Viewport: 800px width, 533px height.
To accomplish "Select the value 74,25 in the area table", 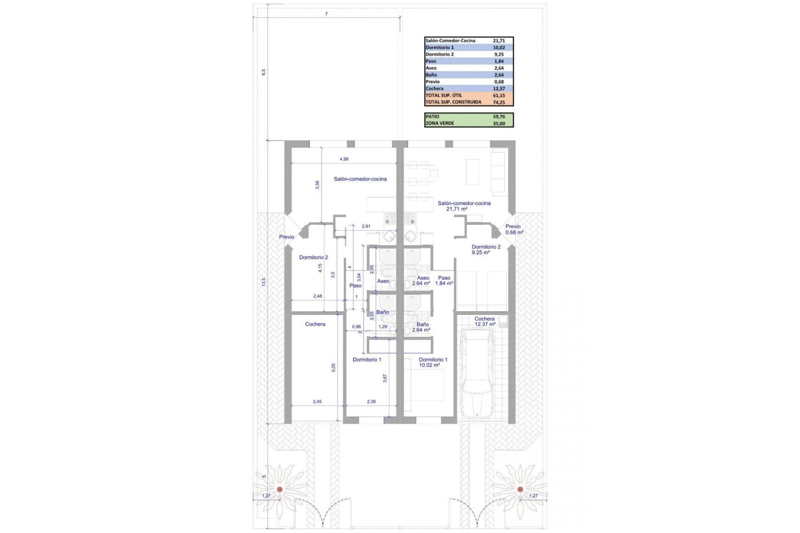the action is [x=499, y=102].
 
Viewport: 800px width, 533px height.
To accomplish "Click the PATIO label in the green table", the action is [x=432, y=117].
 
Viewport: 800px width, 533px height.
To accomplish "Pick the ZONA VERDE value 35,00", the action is [x=499, y=123].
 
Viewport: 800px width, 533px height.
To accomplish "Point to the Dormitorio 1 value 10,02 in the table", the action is [x=499, y=47].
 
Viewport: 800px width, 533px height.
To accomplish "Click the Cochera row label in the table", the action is [x=435, y=88].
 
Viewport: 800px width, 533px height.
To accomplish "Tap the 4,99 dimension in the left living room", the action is [x=344, y=159].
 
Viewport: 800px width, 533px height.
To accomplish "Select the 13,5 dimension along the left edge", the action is [x=263, y=282].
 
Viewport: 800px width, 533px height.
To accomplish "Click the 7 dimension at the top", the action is [x=326, y=14].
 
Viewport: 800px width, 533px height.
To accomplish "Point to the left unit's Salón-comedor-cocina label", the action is [x=360, y=179].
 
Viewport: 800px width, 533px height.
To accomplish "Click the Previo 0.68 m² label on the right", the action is [x=514, y=229].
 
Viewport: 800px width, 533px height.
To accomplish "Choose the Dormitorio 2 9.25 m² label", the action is [x=486, y=249].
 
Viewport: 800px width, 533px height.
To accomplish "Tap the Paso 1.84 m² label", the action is [x=444, y=280].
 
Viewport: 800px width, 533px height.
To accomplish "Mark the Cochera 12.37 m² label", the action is [x=485, y=321].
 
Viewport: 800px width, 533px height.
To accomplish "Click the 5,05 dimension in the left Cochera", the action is [x=333, y=367].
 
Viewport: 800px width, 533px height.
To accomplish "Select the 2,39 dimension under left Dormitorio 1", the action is [x=371, y=402].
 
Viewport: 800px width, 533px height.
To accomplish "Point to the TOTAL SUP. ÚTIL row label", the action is [x=444, y=95].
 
